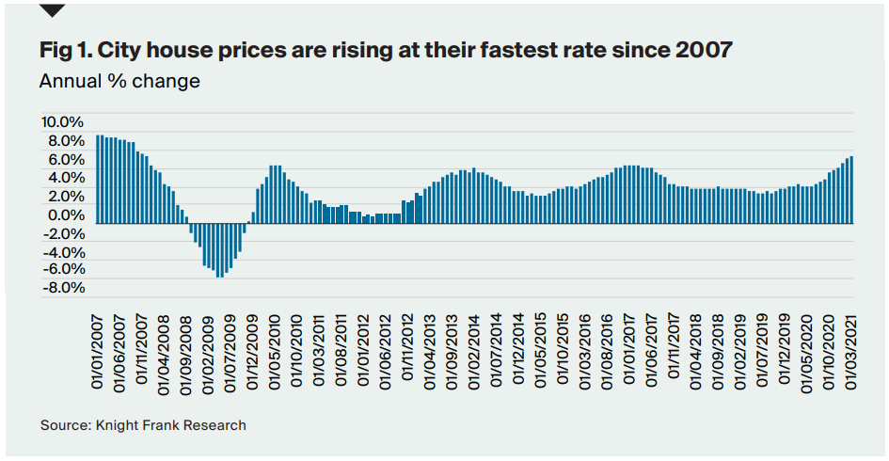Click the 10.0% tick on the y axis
tap(62, 122)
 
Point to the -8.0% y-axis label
tap(62, 288)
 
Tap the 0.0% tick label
tap(65, 215)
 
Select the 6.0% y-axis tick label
tap(65, 159)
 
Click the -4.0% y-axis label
tap(62, 251)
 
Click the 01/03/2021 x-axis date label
tap(850, 347)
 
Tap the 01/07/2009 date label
tap(226, 347)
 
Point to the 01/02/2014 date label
tap(474, 347)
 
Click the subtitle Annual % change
tap(119, 81)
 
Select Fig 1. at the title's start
tap(64, 50)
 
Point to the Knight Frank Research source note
tap(143, 425)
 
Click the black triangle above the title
tap(53, 10)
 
